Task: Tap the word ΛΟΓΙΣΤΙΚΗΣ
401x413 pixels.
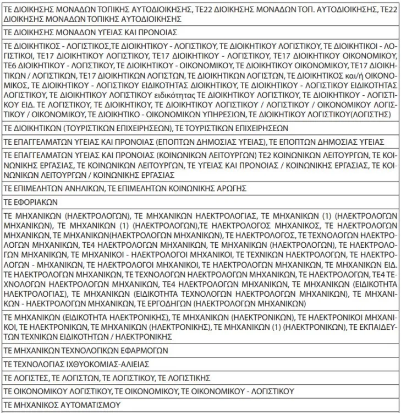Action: tap(190, 378)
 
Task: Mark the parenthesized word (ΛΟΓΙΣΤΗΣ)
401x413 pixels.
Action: tap(370, 114)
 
